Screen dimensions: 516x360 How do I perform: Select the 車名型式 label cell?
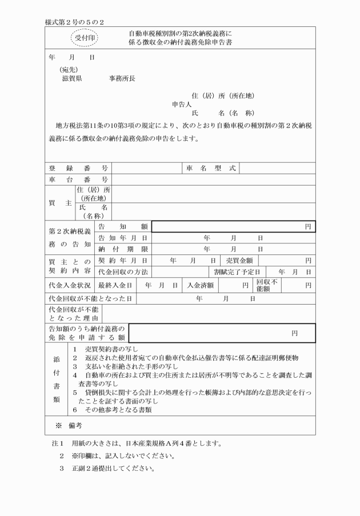(211, 168)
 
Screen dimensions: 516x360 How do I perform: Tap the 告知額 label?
(123, 227)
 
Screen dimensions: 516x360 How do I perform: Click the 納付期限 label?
(123, 249)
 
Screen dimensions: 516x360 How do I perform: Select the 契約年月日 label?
(123, 261)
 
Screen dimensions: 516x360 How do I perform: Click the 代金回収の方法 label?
(123, 272)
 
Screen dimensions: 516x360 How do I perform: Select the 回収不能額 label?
(267, 285)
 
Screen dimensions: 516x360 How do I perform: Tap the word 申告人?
(182, 105)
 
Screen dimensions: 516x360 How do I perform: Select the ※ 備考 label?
(68, 426)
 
